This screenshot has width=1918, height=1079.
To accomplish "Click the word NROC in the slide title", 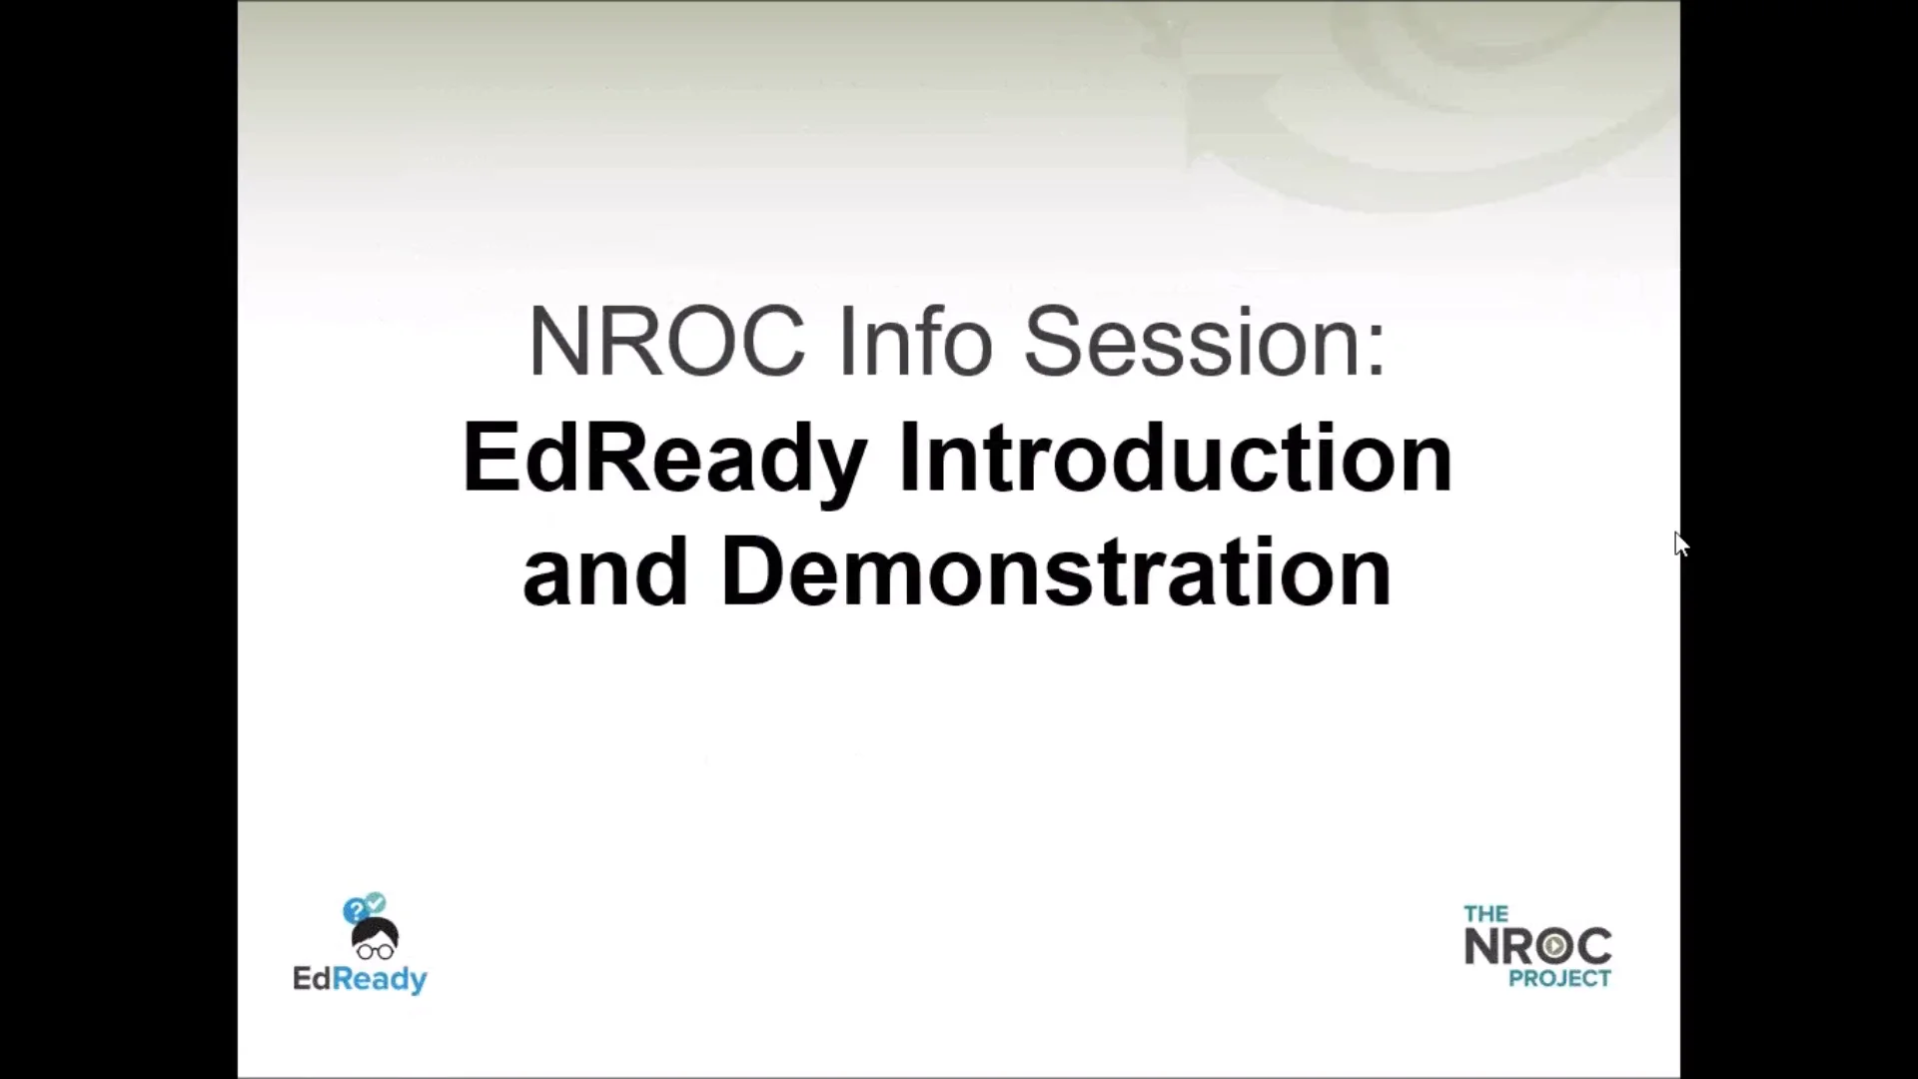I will pos(666,342).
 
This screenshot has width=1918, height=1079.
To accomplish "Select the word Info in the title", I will pos(914,342).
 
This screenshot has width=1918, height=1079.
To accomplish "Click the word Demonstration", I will pos(1055,572).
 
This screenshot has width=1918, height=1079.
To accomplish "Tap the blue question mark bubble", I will pos(354,911).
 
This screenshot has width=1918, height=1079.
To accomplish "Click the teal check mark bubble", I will pos(376,903).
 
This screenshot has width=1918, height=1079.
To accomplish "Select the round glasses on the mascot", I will pos(375,951).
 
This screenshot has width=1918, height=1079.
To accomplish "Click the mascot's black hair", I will pos(375,932).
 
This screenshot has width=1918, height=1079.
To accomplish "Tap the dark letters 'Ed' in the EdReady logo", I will pos(311,978).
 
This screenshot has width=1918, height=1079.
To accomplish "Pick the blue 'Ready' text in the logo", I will pos(380,979).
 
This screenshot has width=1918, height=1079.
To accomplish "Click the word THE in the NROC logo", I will pos(1485,913).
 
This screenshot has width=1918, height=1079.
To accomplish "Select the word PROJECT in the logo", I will pos(1559,979).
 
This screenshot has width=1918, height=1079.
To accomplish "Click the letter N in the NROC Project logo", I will pos(1481,946).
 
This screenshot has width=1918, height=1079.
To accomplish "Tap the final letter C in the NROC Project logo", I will pos(1593,946).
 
